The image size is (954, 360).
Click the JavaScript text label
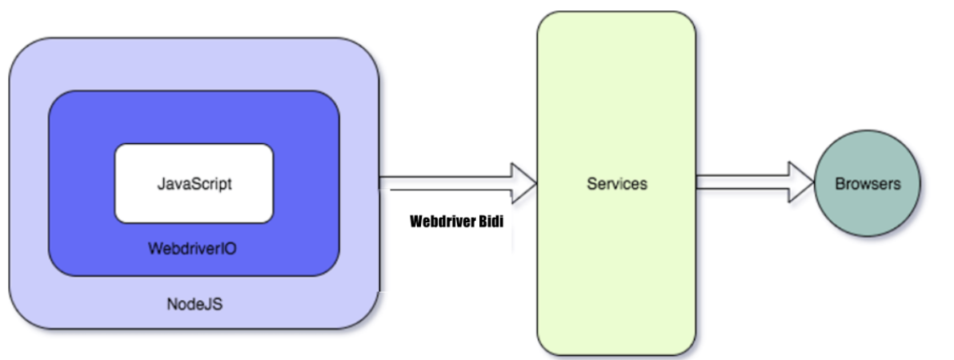click(x=194, y=183)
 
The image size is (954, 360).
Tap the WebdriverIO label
click(x=193, y=249)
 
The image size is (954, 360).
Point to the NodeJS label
click(x=194, y=304)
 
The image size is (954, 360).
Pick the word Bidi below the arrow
click(x=491, y=222)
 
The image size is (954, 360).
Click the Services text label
click(x=616, y=184)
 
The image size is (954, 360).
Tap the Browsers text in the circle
click(x=868, y=184)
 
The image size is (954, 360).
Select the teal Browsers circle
click(x=868, y=208)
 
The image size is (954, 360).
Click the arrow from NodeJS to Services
click(x=448, y=183)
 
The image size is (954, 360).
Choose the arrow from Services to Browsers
click(x=744, y=183)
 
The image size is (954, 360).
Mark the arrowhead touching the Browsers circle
click(x=802, y=183)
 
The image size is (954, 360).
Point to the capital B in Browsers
click(x=840, y=184)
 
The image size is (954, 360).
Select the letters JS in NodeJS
click(x=212, y=304)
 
